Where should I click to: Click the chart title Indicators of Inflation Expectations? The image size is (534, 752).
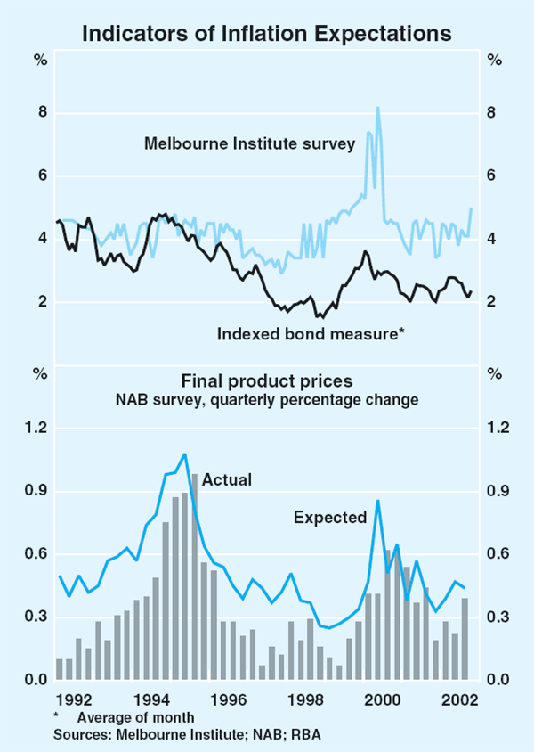pyautogui.click(x=266, y=34)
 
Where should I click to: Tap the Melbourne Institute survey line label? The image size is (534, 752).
pyautogui.click(x=250, y=143)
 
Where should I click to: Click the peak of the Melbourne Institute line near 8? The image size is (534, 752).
pyautogui.click(x=377, y=109)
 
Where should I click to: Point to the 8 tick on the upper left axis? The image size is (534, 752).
pyautogui.click(x=40, y=113)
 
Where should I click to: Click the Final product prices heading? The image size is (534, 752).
pyautogui.click(x=266, y=382)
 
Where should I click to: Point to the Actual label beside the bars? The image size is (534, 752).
pyautogui.click(x=227, y=479)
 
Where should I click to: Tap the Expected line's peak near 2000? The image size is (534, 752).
pyautogui.click(x=378, y=501)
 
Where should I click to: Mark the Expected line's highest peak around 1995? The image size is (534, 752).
pyautogui.click(x=185, y=454)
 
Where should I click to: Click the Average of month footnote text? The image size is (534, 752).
pyautogui.click(x=135, y=716)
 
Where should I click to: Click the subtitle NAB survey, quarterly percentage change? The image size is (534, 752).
pyautogui.click(x=266, y=401)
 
